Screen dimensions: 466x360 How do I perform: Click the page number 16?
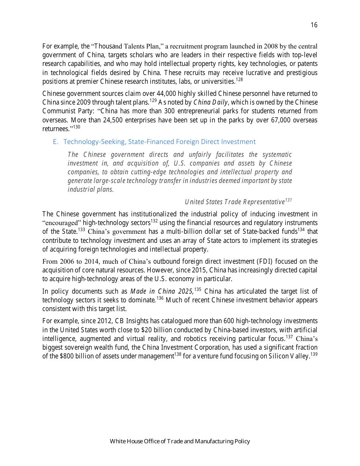pyautogui.click(x=314, y=25)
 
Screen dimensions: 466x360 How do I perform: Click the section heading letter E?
pyautogui.click(x=55, y=142)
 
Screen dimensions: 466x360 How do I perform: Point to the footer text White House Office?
pyautogui.click(x=133, y=441)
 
